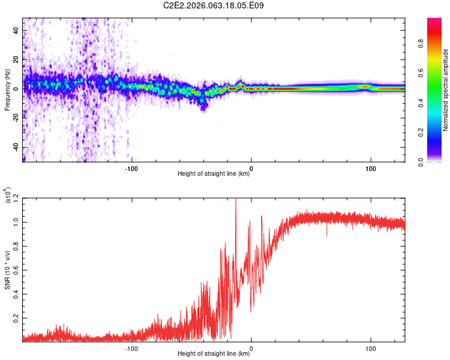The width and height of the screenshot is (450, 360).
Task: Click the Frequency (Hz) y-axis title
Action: (x=7, y=89)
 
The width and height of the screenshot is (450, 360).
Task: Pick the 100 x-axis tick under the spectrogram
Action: (x=371, y=168)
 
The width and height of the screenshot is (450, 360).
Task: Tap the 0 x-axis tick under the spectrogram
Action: (x=251, y=168)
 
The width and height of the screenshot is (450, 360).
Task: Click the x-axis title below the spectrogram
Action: (x=214, y=175)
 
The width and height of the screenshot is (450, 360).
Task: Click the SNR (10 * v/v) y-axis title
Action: (x=7, y=269)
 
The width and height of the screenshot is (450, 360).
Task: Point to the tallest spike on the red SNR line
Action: (x=236, y=200)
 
